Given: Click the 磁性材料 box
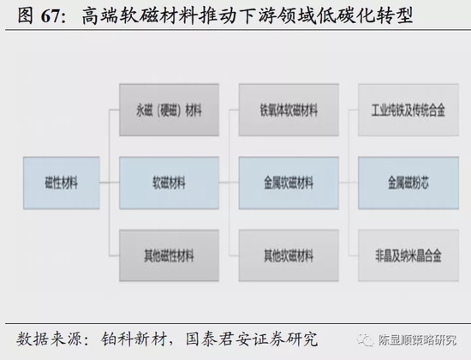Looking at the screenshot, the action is pos(62,183).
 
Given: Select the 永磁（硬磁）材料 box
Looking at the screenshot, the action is pos(169,110).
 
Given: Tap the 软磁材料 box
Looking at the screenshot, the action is pos(169,183).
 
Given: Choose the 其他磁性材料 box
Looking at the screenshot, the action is pos(169,255).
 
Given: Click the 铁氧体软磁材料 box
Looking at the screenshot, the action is pos(289,110).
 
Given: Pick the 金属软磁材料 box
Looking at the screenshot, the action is pos(289,183).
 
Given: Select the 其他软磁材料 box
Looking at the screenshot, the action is pos(289,255).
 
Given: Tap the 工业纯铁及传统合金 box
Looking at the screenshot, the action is pos(408,110).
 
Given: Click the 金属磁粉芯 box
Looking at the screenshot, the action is pos(408,183).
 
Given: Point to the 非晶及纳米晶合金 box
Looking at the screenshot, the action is pos(408,255).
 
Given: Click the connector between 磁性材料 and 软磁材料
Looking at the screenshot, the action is pos(110,183).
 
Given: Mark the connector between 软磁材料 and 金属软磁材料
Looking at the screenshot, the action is pos(229,183).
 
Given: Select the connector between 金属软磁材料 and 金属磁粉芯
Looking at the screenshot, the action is pos(349,183).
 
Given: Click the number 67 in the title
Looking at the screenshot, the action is pos(51,16).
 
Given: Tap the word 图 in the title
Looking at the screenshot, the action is pos(25,15).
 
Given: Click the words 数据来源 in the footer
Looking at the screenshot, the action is pos(49,339).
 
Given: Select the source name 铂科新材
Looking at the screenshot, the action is pos(134,339).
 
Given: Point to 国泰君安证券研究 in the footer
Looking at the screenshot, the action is pos(252,339).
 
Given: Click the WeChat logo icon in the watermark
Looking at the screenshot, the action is pos(365,340).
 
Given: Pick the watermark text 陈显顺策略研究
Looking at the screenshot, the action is pos(417,340).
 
